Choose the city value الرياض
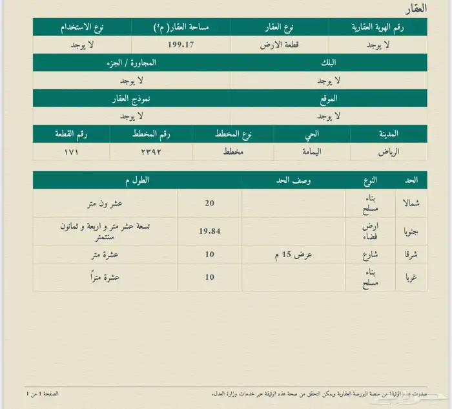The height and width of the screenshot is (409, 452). [388, 152]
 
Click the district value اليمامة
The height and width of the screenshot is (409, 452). [312, 152]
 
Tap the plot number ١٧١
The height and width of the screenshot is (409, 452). [71, 152]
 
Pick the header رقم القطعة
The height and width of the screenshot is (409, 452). [71, 134]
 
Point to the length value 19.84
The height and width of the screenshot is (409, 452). [209, 230]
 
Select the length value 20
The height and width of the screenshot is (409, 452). [209, 203]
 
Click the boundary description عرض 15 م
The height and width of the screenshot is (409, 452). [294, 255]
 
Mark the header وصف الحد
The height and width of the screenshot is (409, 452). [294, 180]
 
